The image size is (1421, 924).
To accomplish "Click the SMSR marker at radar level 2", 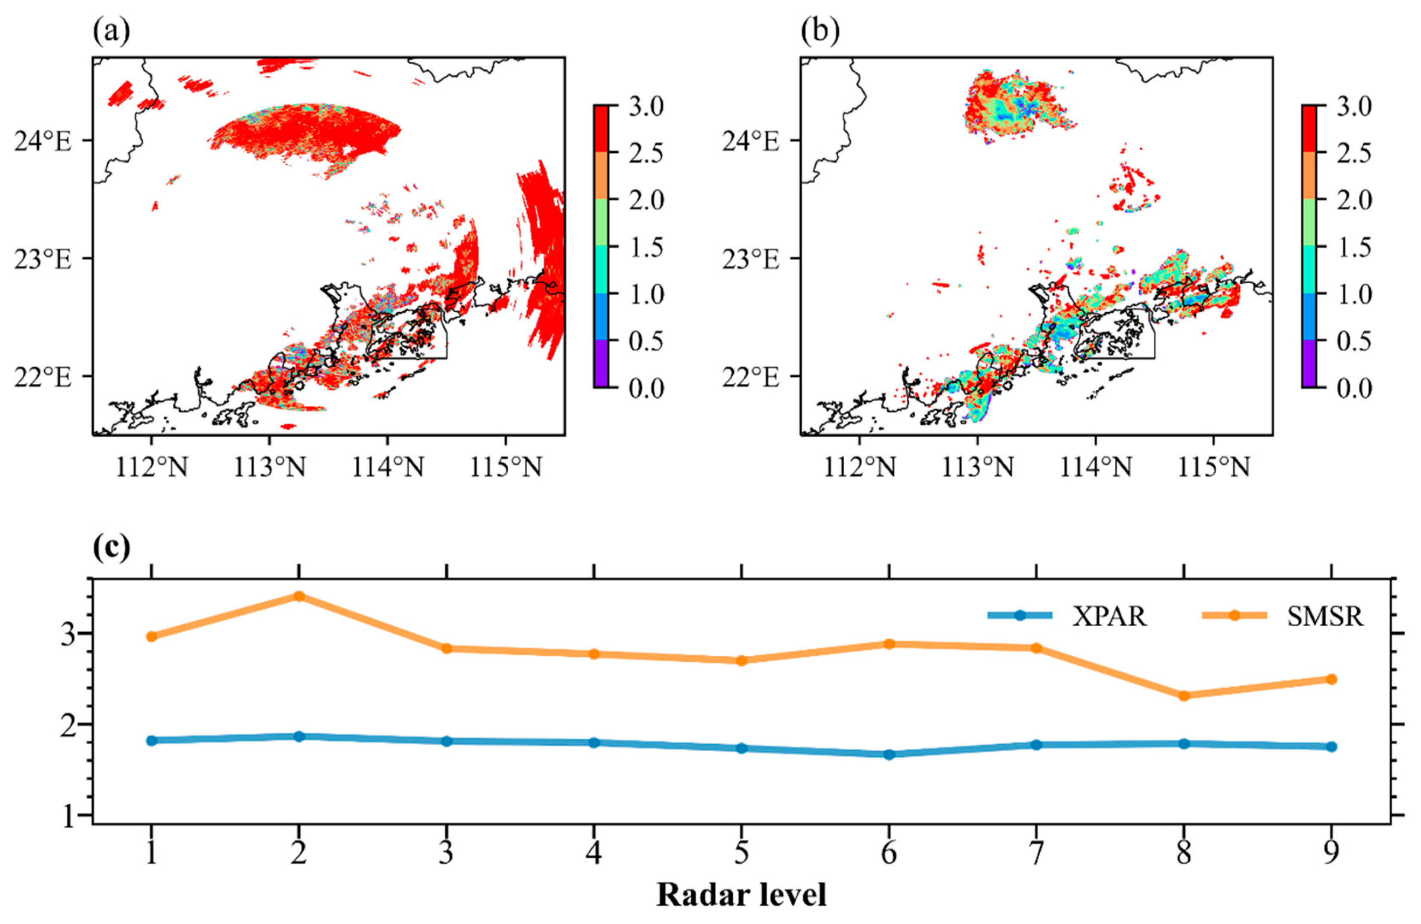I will tap(299, 595).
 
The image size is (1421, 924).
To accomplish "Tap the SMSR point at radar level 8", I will tap(1184, 696).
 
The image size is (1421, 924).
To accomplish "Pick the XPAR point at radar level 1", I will tap(152, 740).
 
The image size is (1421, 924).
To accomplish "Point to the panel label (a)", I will tap(111, 31).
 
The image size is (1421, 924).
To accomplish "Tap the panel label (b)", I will tap(820, 31).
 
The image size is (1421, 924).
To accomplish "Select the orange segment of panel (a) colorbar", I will tap(601, 175).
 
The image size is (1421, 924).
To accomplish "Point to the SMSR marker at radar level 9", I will tap(1331, 679).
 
